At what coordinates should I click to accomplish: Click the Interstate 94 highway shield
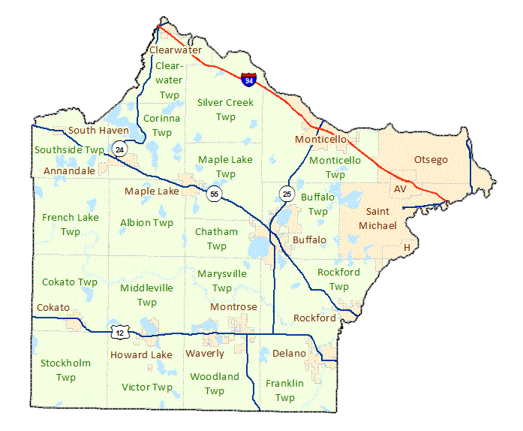tap(248, 79)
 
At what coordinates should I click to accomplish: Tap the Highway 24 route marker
tap(121, 149)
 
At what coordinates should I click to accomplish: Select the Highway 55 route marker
tap(215, 194)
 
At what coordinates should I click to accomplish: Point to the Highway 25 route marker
tap(286, 194)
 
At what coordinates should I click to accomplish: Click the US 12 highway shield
tap(119, 332)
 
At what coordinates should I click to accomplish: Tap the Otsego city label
tap(431, 160)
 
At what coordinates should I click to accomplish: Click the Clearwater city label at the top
tap(176, 50)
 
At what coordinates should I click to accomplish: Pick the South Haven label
tap(98, 131)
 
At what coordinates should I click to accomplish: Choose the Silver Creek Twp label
tap(225, 110)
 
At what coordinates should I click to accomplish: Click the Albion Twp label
tap(146, 223)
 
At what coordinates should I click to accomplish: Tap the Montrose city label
tap(233, 307)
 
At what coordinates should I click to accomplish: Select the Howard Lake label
tap(141, 354)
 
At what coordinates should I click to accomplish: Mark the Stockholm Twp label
tap(66, 369)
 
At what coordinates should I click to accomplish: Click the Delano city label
tap(290, 353)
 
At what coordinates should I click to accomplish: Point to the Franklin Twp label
tap(284, 390)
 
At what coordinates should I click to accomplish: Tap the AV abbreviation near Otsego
tap(400, 189)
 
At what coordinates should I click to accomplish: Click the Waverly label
tap(205, 354)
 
